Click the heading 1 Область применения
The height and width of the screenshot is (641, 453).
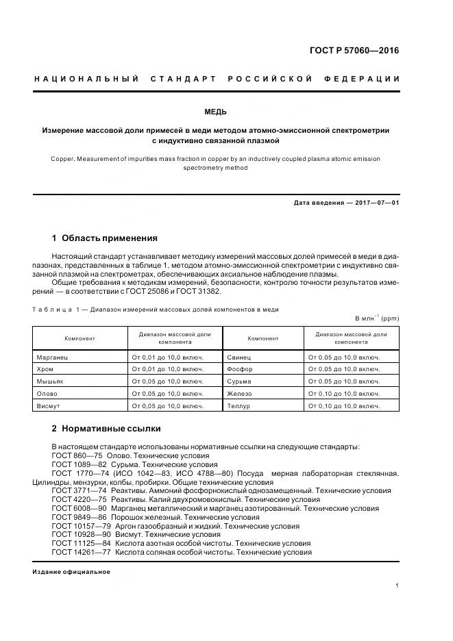point(105,238)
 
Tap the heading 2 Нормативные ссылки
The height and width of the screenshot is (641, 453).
point(106,429)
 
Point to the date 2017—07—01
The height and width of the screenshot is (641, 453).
point(376,203)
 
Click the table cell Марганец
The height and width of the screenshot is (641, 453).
point(52,357)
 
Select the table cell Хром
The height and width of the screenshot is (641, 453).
point(44,369)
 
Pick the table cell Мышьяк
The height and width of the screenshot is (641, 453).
point(49,381)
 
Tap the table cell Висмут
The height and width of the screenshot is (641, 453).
point(48,405)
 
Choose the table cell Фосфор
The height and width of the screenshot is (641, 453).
point(240,369)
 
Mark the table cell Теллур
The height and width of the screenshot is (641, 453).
point(239,405)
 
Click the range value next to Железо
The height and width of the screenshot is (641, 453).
point(343,394)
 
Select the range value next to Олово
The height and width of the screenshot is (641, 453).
point(167,394)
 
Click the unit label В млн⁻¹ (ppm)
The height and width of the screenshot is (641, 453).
point(376,318)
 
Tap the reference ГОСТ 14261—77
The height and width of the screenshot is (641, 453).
point(82,552)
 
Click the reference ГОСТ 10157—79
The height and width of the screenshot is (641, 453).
point(82,526)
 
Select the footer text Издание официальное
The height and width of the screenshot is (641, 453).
point(71,571)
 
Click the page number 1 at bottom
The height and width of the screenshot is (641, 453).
point(397,585)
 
